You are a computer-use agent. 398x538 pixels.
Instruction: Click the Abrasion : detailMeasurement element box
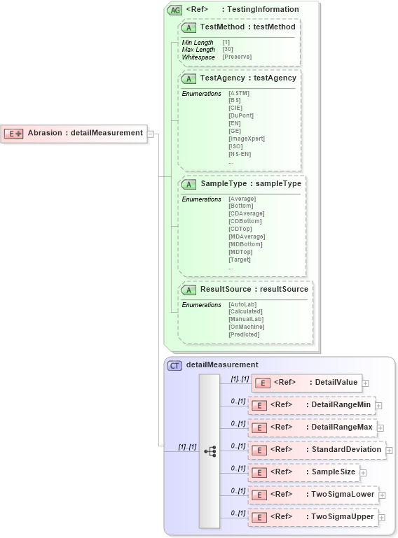(x=74, y=133)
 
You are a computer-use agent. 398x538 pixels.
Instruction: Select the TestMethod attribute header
(x=238, y=27)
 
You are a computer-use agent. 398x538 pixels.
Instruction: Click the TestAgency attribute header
(x=239, y=78)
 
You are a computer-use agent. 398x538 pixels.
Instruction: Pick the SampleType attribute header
(x=241, y=184)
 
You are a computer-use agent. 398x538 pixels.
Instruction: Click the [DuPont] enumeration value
(x=241, y=115)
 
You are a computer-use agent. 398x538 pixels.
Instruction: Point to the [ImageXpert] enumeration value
(x=246, y=139)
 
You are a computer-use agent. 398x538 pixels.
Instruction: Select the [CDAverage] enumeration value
(x=245, y=213)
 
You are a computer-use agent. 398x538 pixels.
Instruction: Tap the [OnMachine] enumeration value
(x=246, y=327)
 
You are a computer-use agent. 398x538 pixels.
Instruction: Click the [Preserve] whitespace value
(x=237, y=57)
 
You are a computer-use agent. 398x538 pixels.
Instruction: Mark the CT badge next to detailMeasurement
(x=174, y=365)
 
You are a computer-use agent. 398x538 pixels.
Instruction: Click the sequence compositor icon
(x=210, y=451)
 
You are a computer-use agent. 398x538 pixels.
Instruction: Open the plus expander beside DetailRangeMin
(x=379, y=405)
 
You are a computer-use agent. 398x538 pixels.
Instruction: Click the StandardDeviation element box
(x=317, y=450)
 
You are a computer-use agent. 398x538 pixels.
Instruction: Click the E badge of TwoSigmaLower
(x=258, y=495)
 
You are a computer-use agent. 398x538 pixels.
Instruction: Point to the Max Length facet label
(x=198, y=50)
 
